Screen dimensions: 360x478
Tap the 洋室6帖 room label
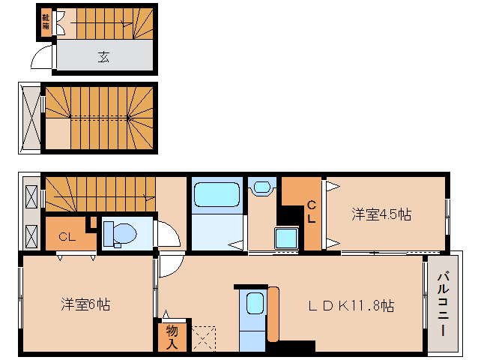[86, 305]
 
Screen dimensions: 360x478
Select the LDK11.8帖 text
[353, 306]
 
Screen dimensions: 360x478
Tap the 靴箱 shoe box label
[46, 22]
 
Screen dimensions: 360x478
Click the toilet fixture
[119, 234]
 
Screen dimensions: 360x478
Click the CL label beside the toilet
[67, 238]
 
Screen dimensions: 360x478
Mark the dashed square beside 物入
[203, 337]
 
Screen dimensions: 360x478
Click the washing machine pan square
[286, 238]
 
